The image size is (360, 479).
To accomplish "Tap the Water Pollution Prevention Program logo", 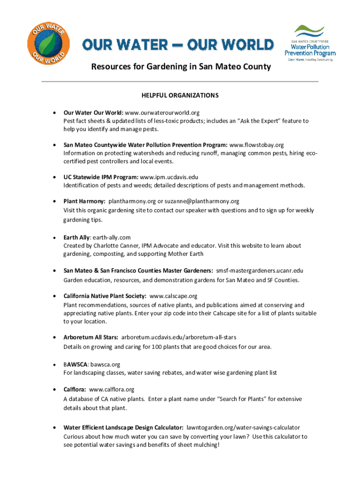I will click(310, 44).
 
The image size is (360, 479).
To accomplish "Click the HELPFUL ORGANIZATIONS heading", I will click(180, 95).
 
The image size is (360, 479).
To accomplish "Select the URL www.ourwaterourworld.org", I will click(162, 113).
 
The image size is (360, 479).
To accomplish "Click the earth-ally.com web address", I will click(111, 238).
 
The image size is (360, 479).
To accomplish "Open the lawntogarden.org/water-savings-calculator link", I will click(243, 428).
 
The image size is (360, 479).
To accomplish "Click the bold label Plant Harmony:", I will click(85, 201).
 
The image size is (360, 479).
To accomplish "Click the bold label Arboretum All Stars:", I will click(91, 337).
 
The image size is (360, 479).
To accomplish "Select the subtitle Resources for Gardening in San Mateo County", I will click(181, 67).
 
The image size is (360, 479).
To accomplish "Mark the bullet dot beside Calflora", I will click(55, 389).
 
